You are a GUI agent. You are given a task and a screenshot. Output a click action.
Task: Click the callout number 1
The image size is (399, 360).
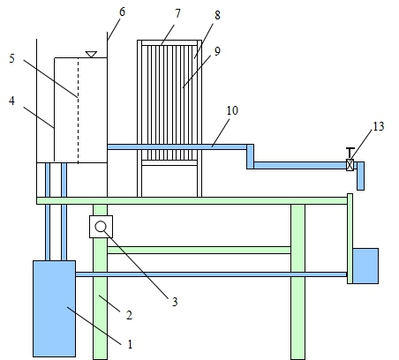(130, 344)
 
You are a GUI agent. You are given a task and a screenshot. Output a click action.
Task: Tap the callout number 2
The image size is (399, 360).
(129, 315)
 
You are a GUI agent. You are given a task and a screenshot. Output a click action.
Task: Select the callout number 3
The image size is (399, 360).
(175, 302)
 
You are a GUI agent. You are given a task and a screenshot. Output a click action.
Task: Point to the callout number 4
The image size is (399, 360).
(11, 101)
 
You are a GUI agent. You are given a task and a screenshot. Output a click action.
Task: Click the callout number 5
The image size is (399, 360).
(11, 58)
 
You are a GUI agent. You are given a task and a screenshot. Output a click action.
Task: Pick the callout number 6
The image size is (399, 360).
(122, 11)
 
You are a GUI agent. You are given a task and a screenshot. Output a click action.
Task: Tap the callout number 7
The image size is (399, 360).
(177, 13)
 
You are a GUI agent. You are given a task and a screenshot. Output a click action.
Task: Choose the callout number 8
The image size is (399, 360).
(217, 15)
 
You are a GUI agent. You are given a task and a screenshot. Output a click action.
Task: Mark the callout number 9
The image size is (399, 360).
(217, 51)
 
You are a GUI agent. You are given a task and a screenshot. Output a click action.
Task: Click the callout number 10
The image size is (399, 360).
(232, 110)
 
